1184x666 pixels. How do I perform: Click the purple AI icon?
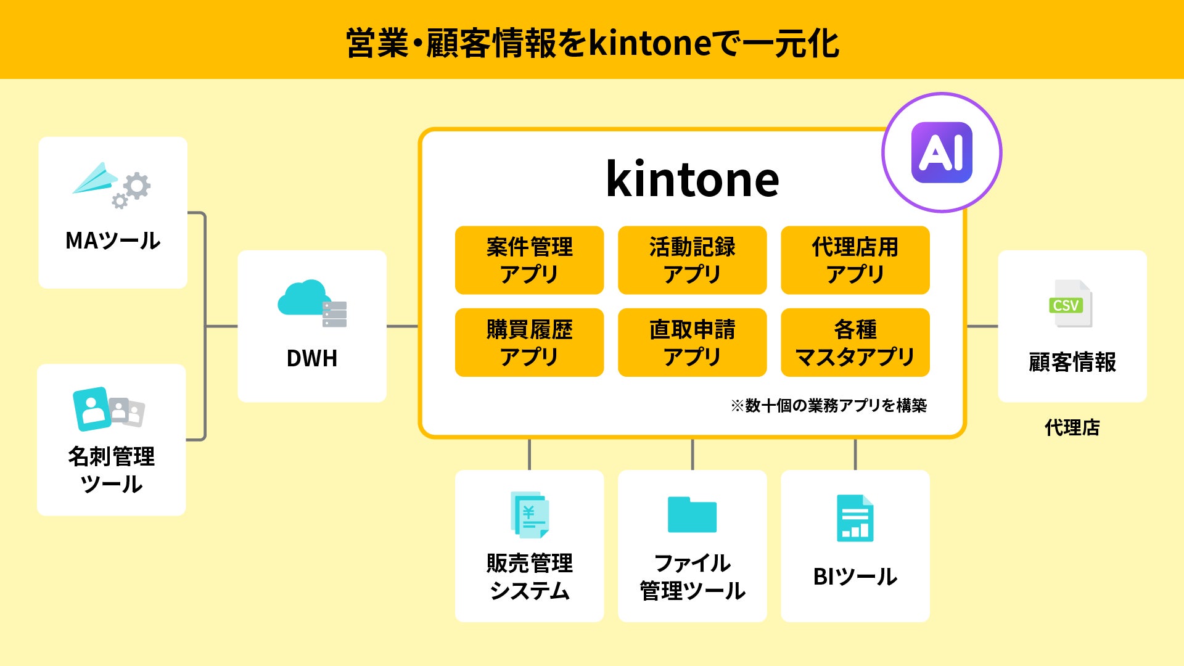[942, 152]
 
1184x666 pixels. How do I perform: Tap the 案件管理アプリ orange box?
[529, 260]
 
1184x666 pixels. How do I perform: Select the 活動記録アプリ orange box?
[692, 260]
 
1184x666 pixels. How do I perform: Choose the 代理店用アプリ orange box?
[855, 260]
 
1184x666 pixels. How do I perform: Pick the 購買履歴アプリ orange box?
[529, 342]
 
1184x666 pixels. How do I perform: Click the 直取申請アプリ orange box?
[692, 342]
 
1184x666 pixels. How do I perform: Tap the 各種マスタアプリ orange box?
[855, 342]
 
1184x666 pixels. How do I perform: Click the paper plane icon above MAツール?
[96, 179]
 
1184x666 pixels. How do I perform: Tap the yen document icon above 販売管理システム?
[530, 515]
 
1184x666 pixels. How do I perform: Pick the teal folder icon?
[692, 514]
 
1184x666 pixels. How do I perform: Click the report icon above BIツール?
[855, 518]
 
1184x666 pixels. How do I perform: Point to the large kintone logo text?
[693, 179]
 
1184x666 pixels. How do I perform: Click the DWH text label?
[312, 358]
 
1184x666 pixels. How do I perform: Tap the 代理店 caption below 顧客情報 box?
[1072, 427]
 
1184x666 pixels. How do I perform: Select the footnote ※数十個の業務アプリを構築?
[829, 405]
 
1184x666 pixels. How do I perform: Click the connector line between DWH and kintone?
[403, 326]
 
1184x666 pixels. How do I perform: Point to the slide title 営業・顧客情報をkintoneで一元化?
[592, 43]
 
